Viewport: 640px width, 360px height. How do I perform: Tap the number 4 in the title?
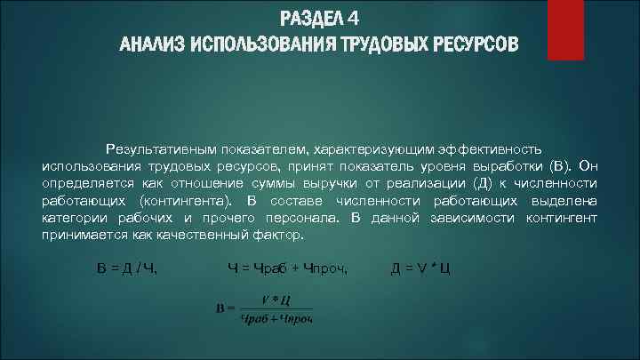coord(353,18)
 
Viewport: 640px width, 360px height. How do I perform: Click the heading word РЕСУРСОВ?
coord(468,45)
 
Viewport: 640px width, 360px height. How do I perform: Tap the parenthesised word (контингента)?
coord(188,201)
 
